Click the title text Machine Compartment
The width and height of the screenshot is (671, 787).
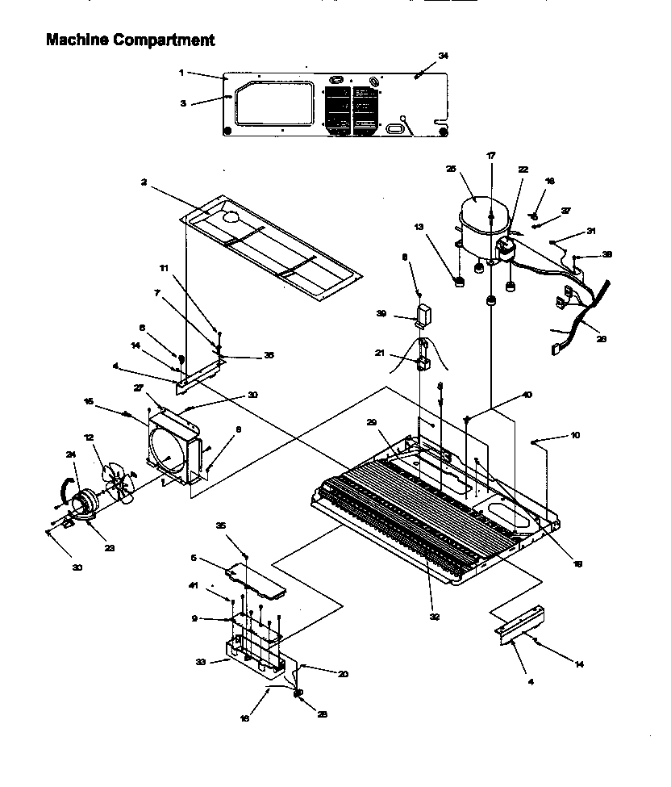[130, 39]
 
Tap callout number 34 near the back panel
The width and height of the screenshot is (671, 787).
[443, 56]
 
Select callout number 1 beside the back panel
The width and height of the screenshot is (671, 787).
[182, 73]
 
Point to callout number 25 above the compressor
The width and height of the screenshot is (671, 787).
[451, 169]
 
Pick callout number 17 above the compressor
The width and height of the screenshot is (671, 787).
[490, 155]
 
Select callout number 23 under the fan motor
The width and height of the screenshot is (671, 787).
[110, 548]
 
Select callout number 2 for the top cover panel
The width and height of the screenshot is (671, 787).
[142, 183]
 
